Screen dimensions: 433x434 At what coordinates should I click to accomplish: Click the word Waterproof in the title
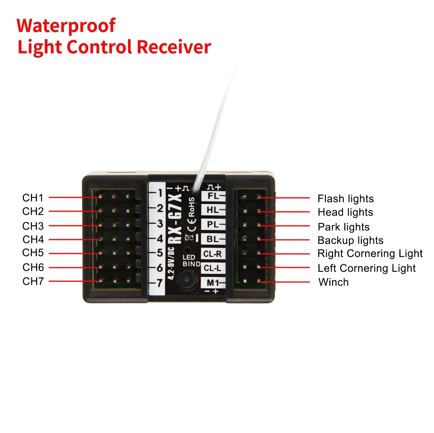click(66, 26)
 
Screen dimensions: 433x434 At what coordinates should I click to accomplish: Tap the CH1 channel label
click(33, 198)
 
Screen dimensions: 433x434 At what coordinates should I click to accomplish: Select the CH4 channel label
click(33, 239)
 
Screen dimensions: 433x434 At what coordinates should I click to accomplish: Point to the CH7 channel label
click(33, 281)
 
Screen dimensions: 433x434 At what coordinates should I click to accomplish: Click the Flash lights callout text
click(345, 199)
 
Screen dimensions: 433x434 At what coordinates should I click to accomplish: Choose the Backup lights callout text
click(350, 240)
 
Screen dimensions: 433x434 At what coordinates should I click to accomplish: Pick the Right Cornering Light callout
click(370, 254)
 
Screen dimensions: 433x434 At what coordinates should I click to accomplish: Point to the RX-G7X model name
click(175, 219)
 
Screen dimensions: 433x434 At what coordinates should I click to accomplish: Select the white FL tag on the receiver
click(213, 196)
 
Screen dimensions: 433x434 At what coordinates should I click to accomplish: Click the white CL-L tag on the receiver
click(213, 268)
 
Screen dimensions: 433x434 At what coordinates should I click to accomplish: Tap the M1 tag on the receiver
click(213, 283)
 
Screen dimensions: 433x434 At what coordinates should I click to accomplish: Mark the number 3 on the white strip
click(160, 224)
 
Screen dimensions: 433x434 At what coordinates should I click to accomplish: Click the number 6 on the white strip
click(159, 268)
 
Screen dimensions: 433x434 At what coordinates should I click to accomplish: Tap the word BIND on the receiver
click(191, 264)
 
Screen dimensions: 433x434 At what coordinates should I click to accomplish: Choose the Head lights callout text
click(345, 212)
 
